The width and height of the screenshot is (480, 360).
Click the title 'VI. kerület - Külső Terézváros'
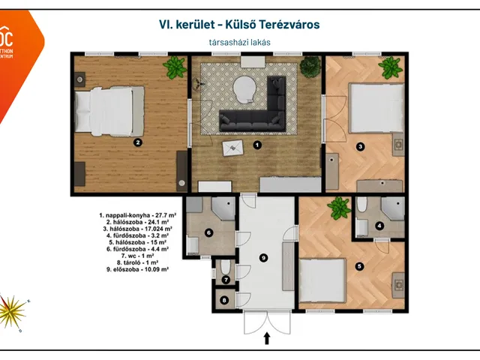tap(239, 25)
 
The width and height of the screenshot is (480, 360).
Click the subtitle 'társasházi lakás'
tap(239, 43)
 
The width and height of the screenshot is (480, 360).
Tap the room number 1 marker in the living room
tap(256, 145)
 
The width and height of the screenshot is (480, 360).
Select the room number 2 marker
tap(137, 141)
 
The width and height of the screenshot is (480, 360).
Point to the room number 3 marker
tap(360, 147)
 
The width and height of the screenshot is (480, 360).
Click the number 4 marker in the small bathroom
tap(379, 225)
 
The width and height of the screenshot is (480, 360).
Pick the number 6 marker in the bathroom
tap(209, 232)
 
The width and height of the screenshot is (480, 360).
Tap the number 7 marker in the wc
tap(225, 279)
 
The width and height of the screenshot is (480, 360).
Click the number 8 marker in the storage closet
tap(225, 300)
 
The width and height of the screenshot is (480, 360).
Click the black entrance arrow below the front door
tap(266, 339)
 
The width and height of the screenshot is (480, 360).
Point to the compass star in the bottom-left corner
tap(13, 307)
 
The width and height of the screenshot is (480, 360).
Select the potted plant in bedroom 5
tap(338, 206)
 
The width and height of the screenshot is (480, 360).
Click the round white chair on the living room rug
tap(244, 88)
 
